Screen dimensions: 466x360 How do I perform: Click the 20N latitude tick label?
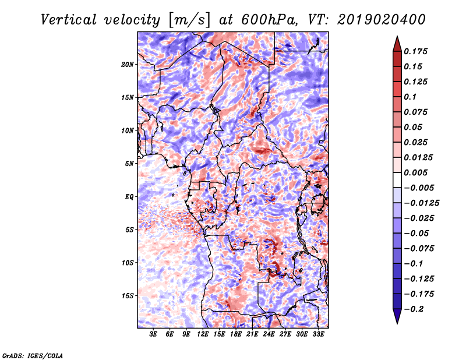127,65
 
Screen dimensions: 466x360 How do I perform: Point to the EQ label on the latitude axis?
129,197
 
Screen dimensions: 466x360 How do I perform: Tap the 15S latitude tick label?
128,296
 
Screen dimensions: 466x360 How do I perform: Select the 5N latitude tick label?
129,164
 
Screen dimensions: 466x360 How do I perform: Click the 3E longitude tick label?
153,334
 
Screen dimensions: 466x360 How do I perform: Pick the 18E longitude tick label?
236,334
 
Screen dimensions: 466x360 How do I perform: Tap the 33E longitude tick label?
318,334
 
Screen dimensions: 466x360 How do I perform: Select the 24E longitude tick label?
269,334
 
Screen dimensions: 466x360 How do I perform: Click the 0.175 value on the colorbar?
415,51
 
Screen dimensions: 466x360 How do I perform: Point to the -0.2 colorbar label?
414,309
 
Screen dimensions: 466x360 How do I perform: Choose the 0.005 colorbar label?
415,172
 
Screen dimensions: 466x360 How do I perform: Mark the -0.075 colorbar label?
419,249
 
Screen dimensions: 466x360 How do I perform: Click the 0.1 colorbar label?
410,97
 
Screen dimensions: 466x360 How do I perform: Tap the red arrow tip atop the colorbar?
397,36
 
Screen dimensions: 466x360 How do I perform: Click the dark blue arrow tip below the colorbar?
397,323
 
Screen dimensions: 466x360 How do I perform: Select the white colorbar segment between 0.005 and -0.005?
397,180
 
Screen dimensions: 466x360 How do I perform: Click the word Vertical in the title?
69,20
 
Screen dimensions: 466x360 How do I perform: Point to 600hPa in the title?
269,20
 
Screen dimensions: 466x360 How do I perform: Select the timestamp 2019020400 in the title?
382,20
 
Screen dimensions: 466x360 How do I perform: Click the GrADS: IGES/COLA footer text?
33,355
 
